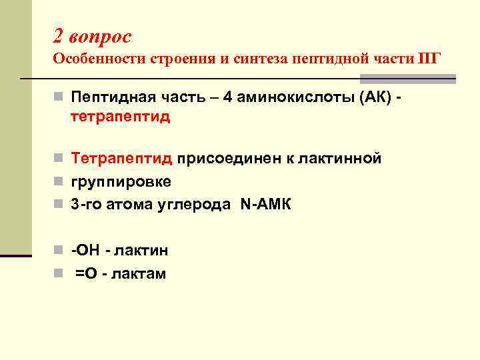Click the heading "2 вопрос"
(92, 35)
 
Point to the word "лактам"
(141, 273)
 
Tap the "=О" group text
(89, 273)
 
